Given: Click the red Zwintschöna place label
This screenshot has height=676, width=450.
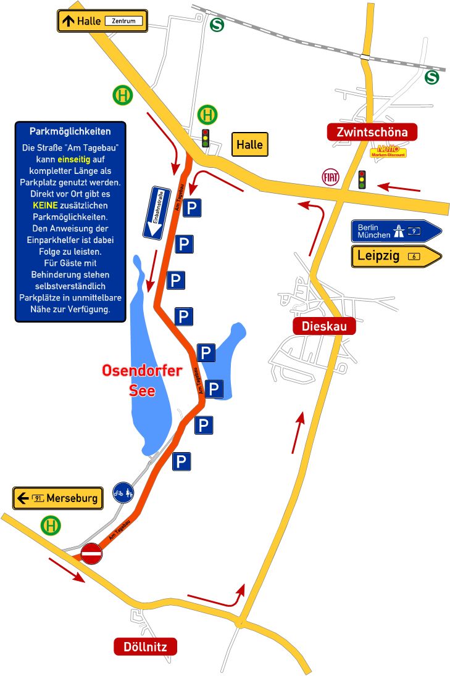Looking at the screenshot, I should click(372, 133).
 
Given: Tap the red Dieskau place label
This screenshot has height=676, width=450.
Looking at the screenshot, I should click(324, 326).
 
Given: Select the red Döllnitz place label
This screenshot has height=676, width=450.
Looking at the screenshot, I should click(145, 646).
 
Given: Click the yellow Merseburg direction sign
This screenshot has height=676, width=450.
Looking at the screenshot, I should click(58, 498).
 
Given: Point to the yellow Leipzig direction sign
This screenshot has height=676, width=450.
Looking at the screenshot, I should click(396, 256).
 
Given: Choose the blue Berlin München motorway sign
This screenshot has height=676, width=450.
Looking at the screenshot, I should click(396, 231).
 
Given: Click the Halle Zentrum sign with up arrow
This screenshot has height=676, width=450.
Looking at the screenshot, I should click(102, 21).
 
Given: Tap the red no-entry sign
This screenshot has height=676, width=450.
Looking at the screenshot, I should click(91, 553).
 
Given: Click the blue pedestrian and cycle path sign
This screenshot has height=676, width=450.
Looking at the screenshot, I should click(123, 492).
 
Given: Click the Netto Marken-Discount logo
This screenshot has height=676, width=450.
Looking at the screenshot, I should click(388, 151).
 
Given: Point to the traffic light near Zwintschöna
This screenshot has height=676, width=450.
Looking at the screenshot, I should click(362, 179).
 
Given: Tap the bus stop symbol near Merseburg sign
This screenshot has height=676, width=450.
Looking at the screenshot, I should click(51, 526).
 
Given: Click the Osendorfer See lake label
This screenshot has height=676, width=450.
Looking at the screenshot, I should click(142, 380).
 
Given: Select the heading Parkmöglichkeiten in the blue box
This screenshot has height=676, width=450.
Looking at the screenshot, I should click(70, 131).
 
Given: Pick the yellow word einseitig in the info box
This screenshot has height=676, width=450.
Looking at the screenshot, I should click(73, 159).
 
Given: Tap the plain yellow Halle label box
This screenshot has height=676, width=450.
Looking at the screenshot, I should click(249, 145).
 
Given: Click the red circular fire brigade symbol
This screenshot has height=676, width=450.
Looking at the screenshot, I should click(331, 176).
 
